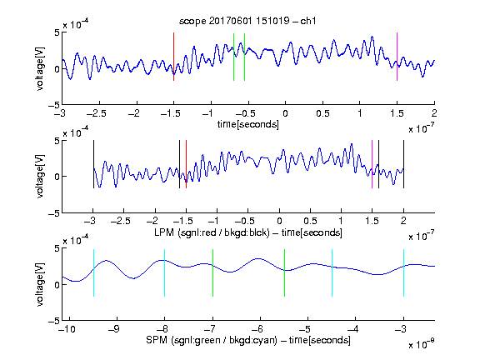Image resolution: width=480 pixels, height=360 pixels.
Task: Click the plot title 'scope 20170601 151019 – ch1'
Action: coord(247,21)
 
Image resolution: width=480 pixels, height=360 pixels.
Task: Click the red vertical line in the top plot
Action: coord(173,57)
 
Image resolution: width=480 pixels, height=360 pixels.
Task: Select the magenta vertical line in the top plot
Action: coord(397,57)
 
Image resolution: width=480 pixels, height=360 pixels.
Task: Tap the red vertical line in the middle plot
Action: coord(186,164)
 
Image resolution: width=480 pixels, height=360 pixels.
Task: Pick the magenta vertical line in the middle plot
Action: coord(372,164)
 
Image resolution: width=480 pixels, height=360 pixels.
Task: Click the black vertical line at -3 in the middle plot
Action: coord(93,164)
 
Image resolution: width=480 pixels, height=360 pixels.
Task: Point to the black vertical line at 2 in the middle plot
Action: coord(403,164)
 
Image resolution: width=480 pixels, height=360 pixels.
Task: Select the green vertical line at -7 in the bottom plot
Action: coord(212,272)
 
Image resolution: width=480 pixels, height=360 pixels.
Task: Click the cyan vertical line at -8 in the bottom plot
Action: coord(165,272)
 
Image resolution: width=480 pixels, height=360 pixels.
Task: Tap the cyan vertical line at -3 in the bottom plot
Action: coord(403,272)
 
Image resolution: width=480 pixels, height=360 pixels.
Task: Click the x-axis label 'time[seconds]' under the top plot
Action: coord(248,124)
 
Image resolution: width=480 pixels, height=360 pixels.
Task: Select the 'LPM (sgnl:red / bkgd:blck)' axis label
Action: coord(212,232)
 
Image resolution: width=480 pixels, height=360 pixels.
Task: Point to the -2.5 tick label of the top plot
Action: coord(97,113)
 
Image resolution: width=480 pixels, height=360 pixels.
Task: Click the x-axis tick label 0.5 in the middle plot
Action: coord(310,221)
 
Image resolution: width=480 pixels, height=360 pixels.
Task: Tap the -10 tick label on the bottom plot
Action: coord(67,329)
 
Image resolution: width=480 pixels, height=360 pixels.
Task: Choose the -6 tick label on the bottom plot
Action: coord(257,329)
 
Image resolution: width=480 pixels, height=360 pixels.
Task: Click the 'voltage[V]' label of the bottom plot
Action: coord(40,284)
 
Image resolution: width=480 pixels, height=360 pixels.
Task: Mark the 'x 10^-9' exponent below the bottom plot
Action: coord(421,343)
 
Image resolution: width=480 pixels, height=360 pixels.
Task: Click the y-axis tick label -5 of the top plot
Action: coord(54,106)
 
